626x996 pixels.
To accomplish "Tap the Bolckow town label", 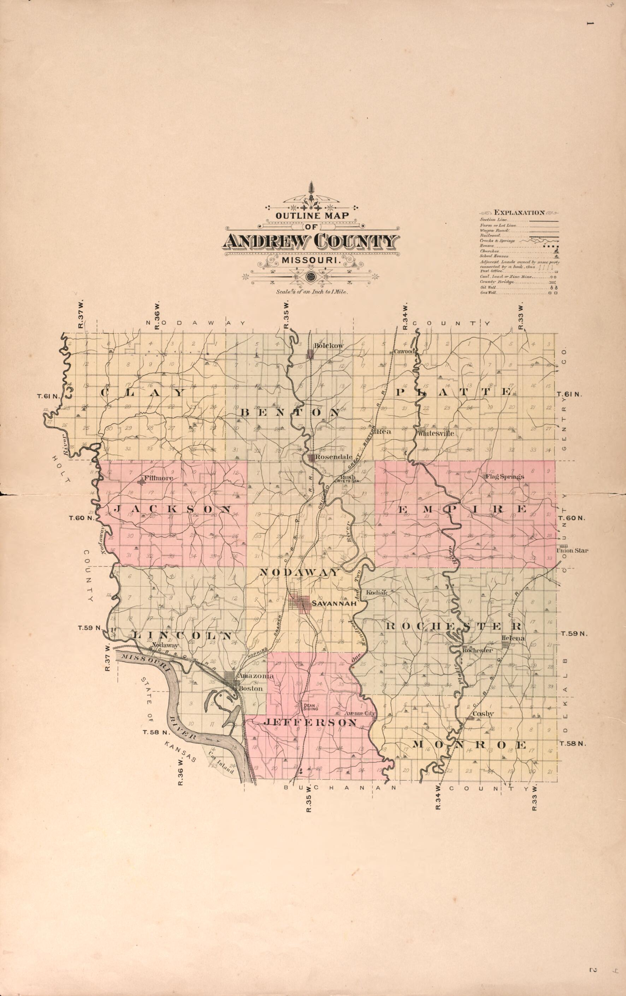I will pyautogui.click(x=329, y=345).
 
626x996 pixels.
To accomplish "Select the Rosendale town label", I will pyautogui.click(x=333, y=457).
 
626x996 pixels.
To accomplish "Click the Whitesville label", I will pyautogui.click(x=436, y=433).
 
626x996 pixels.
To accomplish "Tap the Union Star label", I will pyautogui.click(x=572, y=551).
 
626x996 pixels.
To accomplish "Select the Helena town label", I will pyautogui.click(x=513, y=638).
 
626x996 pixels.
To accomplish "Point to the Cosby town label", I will pyautogui.click(x=483, y=713).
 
